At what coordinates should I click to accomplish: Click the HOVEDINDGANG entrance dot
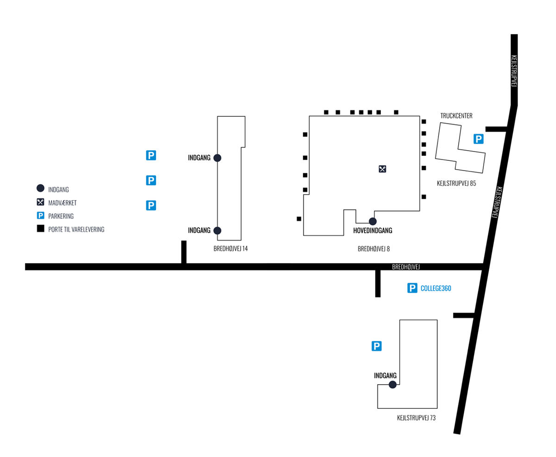coord(372,221)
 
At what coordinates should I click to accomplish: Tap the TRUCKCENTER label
coord(456,116)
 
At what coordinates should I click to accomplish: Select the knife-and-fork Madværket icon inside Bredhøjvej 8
coord(382,169)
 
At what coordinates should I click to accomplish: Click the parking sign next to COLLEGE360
coord(412,288)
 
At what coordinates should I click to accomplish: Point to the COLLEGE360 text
coord(436,288)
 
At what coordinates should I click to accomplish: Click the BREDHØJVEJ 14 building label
coord(230,248)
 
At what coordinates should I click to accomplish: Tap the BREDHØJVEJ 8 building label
coord(373,249)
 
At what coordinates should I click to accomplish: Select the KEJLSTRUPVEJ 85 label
coord(456,183)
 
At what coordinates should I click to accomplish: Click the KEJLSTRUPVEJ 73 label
coord(416,418)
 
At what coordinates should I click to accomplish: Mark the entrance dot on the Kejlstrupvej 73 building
coord(392,385)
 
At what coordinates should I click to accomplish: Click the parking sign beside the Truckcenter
coord(478,139)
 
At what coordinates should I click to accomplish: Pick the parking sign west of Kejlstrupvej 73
coord(376,346)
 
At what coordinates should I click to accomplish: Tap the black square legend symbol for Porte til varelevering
coord(40,228)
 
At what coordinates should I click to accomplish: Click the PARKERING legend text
coord(61,216)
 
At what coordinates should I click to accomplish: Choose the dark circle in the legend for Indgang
coord(40,188)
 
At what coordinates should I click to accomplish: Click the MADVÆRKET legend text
coord(62,203)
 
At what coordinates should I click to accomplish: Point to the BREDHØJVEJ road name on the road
coord(405,267)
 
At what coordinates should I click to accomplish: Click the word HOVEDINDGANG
coord(372,230)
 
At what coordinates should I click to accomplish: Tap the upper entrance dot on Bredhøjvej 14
coord(217,158)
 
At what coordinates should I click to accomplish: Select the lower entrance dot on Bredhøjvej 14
coord(217,230)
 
